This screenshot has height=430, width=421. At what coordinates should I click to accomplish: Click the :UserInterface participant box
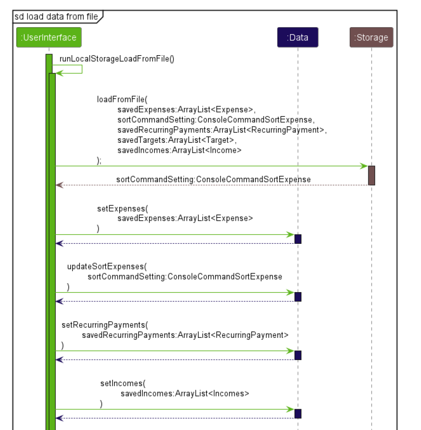point(48,37)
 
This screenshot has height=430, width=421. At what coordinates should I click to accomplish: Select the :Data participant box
point(297,37)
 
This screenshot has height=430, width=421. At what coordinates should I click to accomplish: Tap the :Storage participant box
point(371,37)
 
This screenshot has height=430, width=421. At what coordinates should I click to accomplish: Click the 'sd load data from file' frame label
point(56,16)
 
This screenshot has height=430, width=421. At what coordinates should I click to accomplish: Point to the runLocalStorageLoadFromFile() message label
point(117,59)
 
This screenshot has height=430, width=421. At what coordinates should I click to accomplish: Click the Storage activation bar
point(371,175)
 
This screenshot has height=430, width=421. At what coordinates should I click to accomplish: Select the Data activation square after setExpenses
point(297,239)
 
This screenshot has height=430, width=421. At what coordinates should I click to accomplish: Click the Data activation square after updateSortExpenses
point(297,297)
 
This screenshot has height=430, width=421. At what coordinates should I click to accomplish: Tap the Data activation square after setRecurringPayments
point(297,355)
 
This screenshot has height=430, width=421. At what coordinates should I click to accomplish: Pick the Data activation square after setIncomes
point(297,413)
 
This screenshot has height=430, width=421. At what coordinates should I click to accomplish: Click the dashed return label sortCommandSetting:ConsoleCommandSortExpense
point(213,179)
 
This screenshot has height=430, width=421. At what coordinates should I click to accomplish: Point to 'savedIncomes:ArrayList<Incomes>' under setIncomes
point(185,394)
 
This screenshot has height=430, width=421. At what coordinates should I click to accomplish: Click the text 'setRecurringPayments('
point(104,325)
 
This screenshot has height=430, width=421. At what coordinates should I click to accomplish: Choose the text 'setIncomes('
point(123,383)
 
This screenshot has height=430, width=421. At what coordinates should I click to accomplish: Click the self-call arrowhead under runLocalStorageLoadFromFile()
point(59,73)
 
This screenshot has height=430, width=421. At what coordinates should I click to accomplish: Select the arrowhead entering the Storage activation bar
point(364,166)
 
